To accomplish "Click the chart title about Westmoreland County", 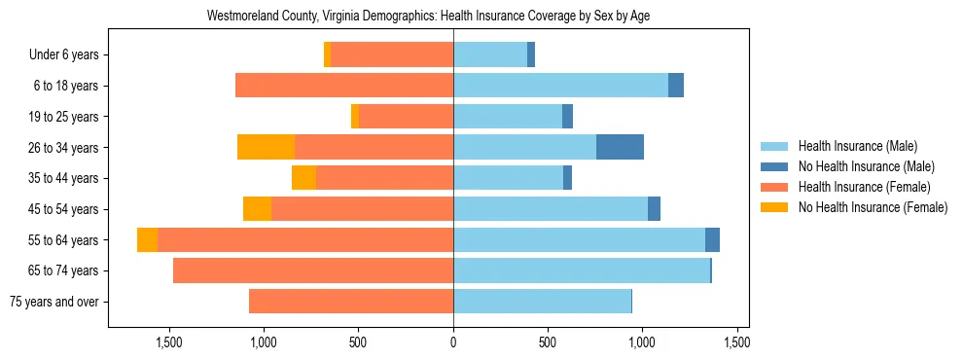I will pos(428,17).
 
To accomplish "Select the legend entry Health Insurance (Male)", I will pos(852,146).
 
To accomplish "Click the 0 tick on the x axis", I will pos(453,342).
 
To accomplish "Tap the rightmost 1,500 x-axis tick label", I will pos(736,342).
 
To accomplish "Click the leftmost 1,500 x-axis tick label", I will pos(169,342).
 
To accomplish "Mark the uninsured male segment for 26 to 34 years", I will pos(620,147).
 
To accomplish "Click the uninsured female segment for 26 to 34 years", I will pos(266,147).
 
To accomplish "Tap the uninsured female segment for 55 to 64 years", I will pos(147,239).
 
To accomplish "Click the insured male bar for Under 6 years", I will pos(490,54).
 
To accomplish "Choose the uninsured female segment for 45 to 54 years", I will pos(257,209).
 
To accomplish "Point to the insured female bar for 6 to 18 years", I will pos(344,86).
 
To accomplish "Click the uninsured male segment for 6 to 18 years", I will pos(676,86).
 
